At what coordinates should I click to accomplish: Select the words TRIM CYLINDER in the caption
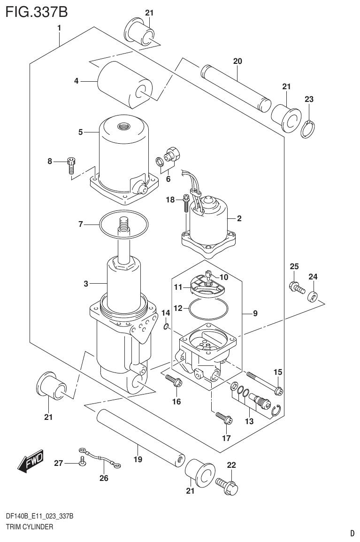[x=29, y=527]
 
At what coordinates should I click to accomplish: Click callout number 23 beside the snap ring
[x=309, y=99]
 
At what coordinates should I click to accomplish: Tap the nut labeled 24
[x=312, y=297]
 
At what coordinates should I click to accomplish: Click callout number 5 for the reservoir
[x=80, y=132]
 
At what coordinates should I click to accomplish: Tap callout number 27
[x=58, y=463]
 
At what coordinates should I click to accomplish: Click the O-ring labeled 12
[x=208, y=310]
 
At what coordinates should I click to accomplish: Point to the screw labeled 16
[x=174, y=381]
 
